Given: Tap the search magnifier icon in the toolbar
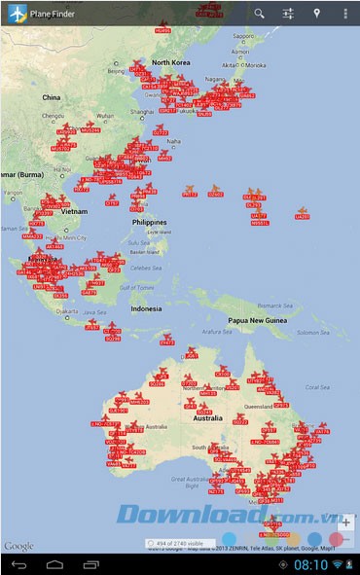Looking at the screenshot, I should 259,14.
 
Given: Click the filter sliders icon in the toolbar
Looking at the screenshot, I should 288,14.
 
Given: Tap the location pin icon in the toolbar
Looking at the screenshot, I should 316,14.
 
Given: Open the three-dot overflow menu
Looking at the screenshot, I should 345,14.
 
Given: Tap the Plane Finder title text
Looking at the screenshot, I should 51,14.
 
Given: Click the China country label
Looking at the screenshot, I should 52,97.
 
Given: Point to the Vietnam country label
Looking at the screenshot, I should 74,210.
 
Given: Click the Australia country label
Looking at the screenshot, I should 207,417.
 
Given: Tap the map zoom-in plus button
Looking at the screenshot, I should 345,522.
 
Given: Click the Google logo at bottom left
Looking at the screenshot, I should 18,546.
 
